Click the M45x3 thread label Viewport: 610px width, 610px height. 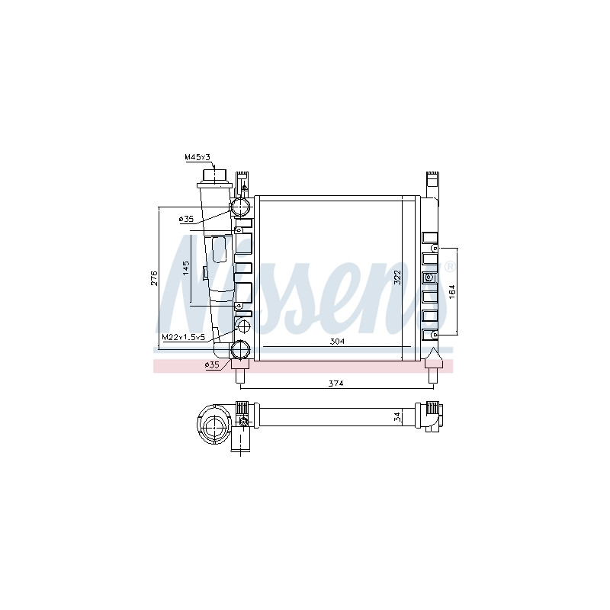197,157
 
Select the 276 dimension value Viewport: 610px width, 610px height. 155,278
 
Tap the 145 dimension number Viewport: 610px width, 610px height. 186,268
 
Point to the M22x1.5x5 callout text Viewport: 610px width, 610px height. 184,337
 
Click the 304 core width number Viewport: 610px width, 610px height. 337,342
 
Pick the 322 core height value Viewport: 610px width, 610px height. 397,278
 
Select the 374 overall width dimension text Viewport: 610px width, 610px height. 335,384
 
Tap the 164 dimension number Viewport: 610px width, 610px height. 451,292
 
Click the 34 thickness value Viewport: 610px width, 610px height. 396,417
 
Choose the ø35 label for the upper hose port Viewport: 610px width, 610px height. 186,219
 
